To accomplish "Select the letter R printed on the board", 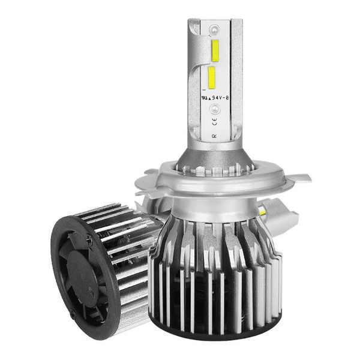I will coord(214,136).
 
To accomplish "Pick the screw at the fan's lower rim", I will coord(73,314).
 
